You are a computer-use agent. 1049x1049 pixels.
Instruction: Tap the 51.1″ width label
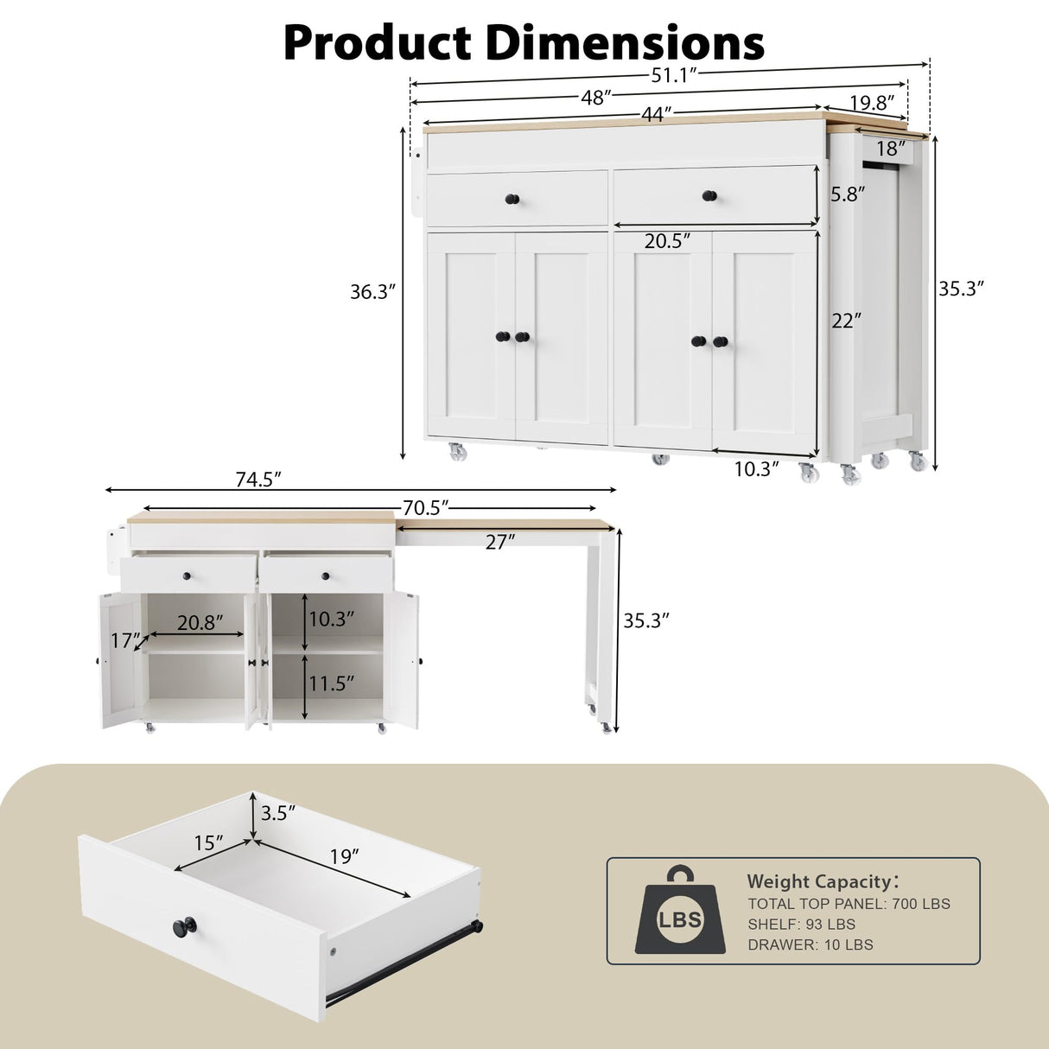[x=673, y=76]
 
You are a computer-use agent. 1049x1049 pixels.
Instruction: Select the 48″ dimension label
[x=596, y=98]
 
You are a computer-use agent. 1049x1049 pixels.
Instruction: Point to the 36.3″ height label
[x=372, y=292]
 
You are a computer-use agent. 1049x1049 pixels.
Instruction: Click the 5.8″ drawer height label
[x=848, y=194]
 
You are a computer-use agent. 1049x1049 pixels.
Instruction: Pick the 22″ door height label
[x=846, y=321]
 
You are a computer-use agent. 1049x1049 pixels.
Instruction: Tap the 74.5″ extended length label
[x=258, y=480]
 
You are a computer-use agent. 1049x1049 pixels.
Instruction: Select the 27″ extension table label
[x=500, y=542]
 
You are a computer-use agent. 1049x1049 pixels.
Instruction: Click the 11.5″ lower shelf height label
[x=332, y=684]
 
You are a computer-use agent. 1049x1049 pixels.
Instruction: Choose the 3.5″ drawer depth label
[x=278, y=813]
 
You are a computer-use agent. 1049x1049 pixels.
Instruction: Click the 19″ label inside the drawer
[x=344, y=856]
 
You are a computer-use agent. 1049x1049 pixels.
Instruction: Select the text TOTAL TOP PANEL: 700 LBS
[x=849, y=904]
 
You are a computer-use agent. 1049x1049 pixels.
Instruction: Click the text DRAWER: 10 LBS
[x=810, y=944]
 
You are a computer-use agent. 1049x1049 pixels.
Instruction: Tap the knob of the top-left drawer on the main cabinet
[x=512, y=200]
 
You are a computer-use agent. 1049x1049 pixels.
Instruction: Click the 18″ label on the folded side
[x=891, y=149]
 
